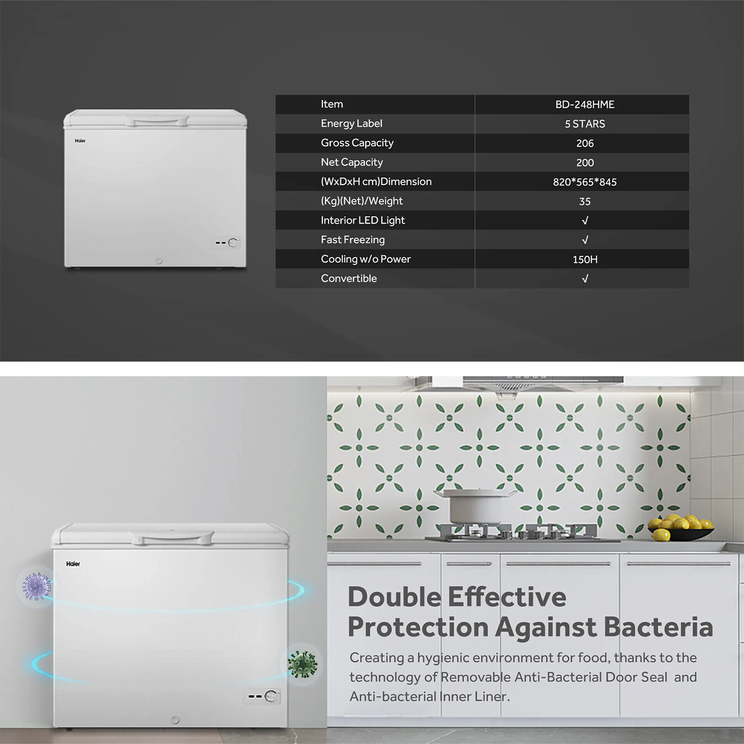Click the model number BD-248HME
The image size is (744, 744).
point(584,105)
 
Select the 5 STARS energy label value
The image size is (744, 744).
point(584,124)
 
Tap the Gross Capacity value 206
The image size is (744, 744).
point(584,143)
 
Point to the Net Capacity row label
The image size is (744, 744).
point(352,162)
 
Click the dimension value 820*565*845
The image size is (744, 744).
point(584,182)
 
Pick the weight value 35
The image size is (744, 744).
point(584,201)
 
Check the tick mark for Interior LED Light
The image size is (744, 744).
point(585,220)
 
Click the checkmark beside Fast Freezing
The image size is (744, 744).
point(585,240)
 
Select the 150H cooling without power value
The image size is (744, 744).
point(584,259)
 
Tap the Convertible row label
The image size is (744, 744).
point(349,278)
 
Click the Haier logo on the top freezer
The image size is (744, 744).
point(80,141)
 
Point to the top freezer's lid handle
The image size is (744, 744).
point(157,122)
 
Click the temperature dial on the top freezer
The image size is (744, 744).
point(233,242)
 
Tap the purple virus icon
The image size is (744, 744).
point(37,586)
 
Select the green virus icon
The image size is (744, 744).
point(303,664)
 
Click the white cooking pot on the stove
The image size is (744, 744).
point(475,506)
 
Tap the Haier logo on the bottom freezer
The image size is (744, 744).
point(73,564)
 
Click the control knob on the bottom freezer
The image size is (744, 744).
point(271,696)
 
